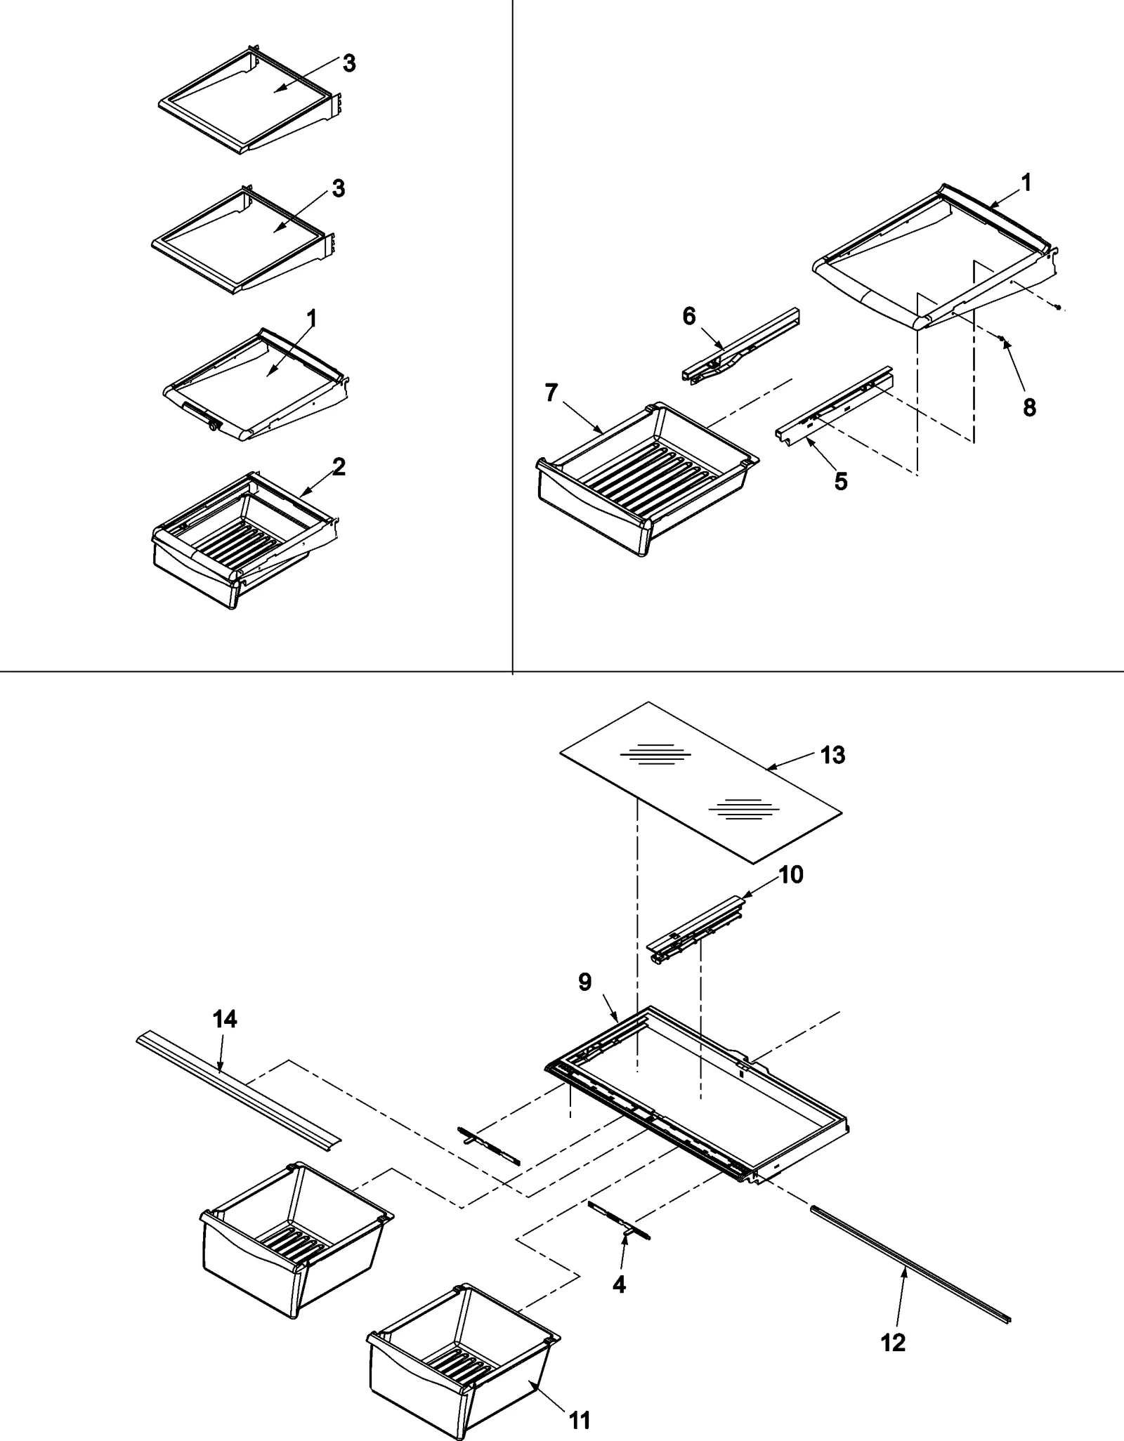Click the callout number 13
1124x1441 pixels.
[x=832, y=756]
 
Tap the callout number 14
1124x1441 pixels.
[x=225, y=1019]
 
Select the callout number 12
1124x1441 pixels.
[x=893, y=1343]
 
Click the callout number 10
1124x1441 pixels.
[x=791, y=875]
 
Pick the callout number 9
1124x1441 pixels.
[x=585, y=982]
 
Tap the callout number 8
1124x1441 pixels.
[x=1029, y=407]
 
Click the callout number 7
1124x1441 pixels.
[x=551, y=393]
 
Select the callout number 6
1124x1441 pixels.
[x=689, y=317]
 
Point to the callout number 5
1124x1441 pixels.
[x=841, y=481]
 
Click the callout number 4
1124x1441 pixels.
[x=619, y=1284]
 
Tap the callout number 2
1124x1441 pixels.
[x=339, y=467]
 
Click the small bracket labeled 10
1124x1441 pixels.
[x=695, y=930]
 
